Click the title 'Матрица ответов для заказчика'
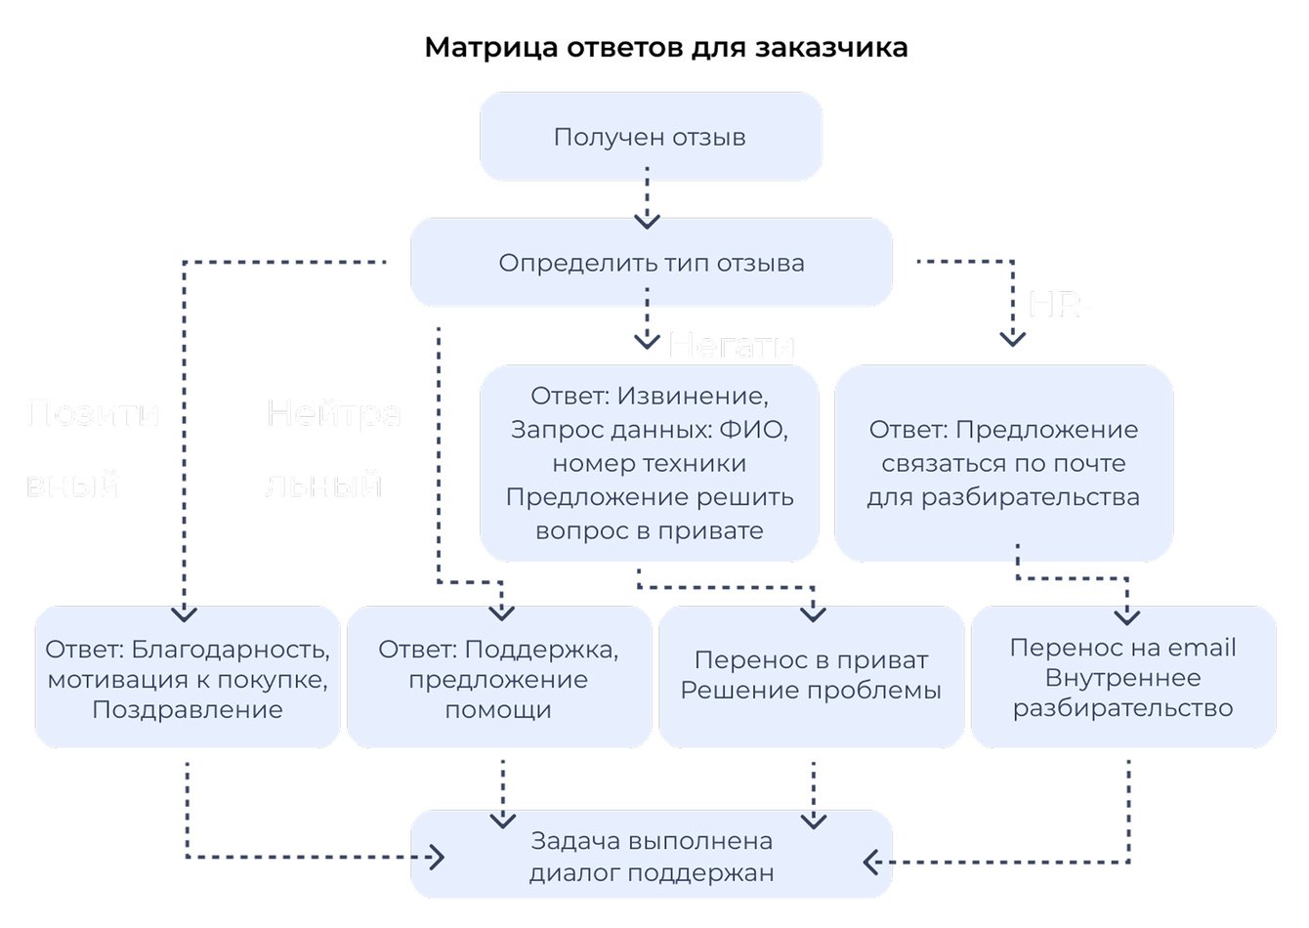tap(666, 47)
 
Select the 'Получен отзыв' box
tap(650, 137)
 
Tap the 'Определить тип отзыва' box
tap(651, 263)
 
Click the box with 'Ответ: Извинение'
tap(649, 463)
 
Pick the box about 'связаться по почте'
tap(1003, 463)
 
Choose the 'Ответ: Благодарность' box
tap(187, 678)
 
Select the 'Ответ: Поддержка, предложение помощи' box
tap(498, 678)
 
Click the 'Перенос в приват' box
tap(811, 676)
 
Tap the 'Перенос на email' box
tap(1123, 676)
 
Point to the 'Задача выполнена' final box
tap(651, 856)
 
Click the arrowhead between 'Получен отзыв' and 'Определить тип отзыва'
tap(647, 220)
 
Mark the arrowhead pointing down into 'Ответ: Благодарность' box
tap(184, 613)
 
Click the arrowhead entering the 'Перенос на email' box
tap(1127, 616)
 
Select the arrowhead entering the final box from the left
tap(437, 858)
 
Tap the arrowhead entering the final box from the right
tap(871, 862)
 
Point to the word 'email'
tap(1203, 648)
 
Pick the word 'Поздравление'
tap(187, 710)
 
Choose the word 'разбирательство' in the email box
tap(1123, 708)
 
